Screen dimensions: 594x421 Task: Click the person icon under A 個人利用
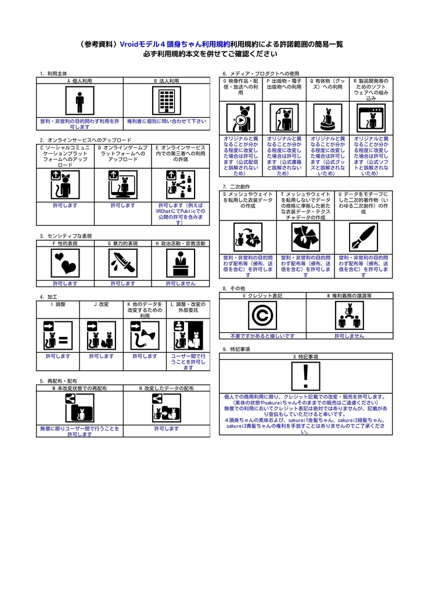[x=80, y=102]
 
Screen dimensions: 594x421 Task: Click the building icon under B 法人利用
[x=166, y=102]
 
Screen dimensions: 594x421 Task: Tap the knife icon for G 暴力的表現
[x=123, y=264]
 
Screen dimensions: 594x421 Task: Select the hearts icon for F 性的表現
[x=65, y=264]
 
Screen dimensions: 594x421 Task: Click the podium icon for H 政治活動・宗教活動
[x=180, y=264]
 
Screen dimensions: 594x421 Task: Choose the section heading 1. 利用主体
[x=53, y=74]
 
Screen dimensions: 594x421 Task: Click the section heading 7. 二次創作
[x=236, y=186]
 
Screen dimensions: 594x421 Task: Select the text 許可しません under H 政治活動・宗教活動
[x=180, y=284]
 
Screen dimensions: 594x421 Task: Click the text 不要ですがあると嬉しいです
[x=262, y=336]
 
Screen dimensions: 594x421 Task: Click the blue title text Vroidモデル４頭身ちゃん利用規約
[x=174, y=44]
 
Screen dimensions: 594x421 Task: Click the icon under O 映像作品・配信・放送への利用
[x=240, y=118]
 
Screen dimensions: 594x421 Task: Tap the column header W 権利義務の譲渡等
[x=349, y=295]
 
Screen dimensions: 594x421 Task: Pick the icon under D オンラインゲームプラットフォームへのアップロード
[x=123, y=184]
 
